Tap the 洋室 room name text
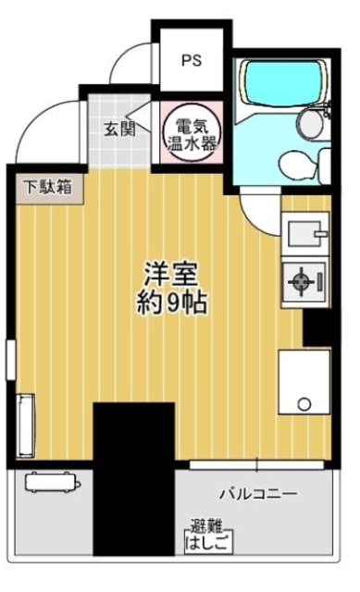170,275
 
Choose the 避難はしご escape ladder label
205,534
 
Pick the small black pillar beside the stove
317,327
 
